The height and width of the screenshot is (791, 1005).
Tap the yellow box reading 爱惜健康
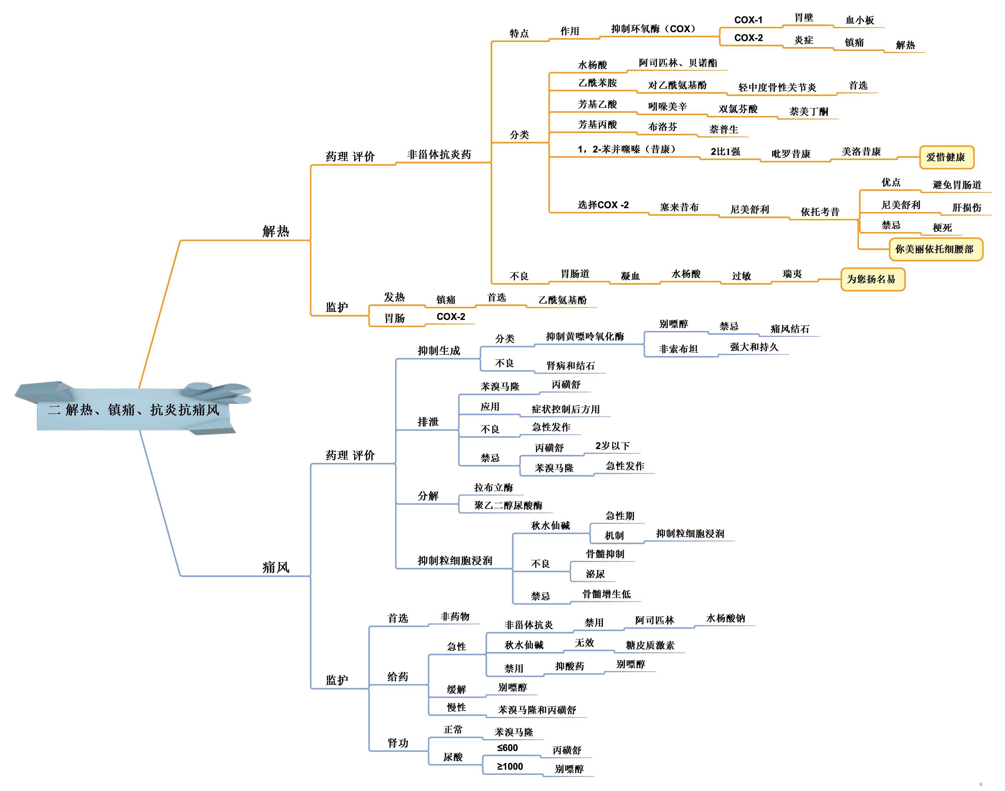[946, 157]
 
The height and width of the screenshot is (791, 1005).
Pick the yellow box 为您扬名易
[872, 279]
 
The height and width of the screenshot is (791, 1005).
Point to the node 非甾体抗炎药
[439, 155]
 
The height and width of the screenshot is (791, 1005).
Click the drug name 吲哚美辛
[667, 107]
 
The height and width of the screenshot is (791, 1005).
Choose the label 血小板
[860, 20]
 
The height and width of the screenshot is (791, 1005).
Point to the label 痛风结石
[790, 329]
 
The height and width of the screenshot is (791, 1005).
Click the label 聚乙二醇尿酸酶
[508, 505]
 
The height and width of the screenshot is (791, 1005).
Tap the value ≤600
[507, 748]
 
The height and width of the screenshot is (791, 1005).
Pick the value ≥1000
[510, 767]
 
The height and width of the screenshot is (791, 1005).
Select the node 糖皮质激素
[650, 645]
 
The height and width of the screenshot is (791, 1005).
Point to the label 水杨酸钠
[725, 618]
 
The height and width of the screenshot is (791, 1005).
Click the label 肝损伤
[967, 207]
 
